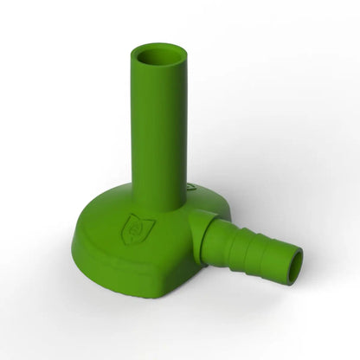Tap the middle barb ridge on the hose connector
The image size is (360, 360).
coord(253,251)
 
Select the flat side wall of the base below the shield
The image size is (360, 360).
coord(130,264)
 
